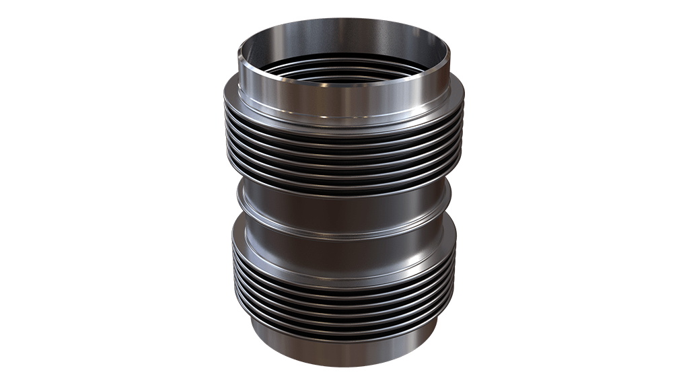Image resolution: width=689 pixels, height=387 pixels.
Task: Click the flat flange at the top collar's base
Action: (x=343, y=121)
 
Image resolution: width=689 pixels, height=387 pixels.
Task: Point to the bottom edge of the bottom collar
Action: (x=343, y=364)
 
